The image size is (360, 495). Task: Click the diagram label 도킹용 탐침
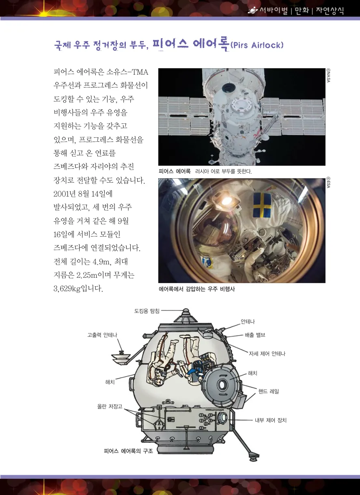[147, 311]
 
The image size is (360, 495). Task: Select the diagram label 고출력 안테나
[102, 335]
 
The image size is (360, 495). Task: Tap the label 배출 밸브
[255, 335]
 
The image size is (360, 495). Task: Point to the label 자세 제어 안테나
[267, 354]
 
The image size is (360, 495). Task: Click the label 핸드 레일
[269, 391]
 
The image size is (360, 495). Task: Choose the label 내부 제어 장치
[271, 420]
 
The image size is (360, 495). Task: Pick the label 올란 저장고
[110, 406]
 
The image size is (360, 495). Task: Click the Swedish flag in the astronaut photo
[262, 205]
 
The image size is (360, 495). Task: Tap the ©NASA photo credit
[328, 76]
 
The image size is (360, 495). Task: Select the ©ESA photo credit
[328, 183]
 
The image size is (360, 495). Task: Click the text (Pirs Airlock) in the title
[257, 45]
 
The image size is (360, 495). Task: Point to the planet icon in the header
[253, 10]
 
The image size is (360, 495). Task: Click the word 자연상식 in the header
[330, 11]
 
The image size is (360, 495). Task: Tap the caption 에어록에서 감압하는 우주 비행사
[197, 289]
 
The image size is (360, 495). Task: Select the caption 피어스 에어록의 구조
[128, 451]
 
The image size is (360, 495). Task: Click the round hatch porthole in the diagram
[222, 385]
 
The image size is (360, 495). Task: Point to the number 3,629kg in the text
[67, 289]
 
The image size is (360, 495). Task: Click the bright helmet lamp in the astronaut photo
[226, 201]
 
